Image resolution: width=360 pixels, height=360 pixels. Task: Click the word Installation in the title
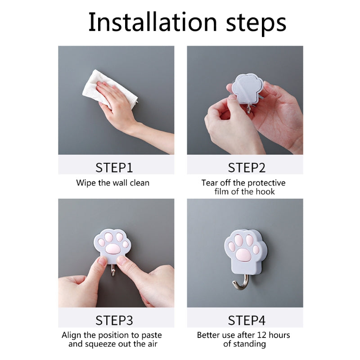(153, 22)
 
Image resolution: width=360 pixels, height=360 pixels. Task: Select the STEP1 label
(114, 167)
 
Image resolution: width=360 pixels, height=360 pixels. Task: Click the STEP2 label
(247, 167)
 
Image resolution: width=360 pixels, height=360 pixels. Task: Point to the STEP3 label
(114, 320)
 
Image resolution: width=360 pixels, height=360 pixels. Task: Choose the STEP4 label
(247, 320)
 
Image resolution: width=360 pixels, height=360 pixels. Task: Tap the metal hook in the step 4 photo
(240, 282)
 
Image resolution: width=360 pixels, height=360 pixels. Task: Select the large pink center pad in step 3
(112, 249)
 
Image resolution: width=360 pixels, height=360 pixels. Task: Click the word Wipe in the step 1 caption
(86, 183)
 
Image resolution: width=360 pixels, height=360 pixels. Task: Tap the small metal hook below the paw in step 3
(113, 270)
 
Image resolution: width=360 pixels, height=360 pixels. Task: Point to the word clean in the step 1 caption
(139, 183)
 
